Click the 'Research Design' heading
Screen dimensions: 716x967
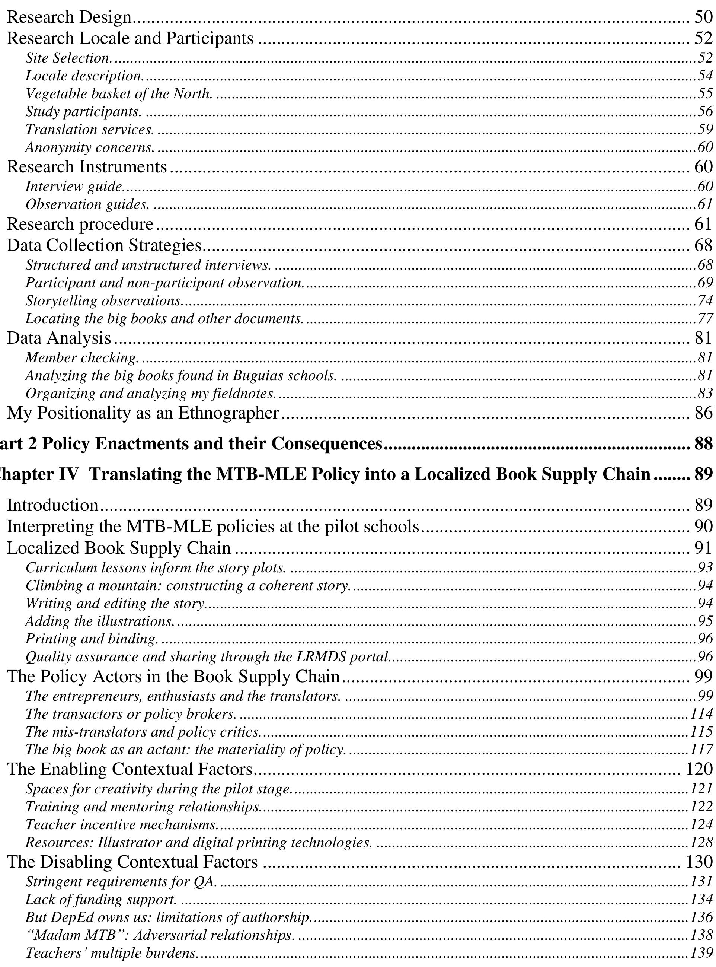(69, 18)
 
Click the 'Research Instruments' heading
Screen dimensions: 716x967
(87, 167)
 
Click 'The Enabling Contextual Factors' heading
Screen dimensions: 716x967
(130, 769)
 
